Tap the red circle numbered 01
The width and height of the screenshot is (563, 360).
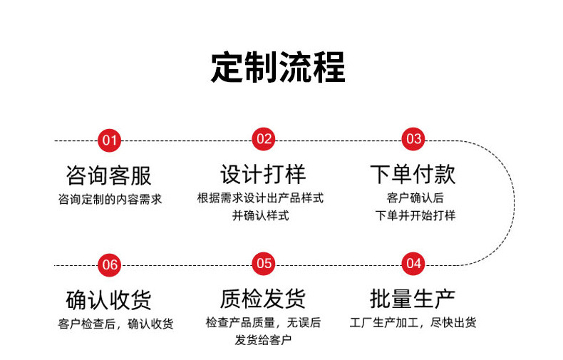pos(109,140)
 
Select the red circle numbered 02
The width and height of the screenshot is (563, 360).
pos(264,138)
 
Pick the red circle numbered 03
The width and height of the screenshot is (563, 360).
pos(413,138)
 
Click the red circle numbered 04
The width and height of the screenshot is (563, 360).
pos(413,263)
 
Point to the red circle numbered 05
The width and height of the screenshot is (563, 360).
pos(264,263)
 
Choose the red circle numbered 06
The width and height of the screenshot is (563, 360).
pos(109,264)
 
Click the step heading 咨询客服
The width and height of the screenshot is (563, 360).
pos(108,175)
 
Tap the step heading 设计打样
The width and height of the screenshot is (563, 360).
pos(263,174)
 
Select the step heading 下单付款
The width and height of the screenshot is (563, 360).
pos(413,174)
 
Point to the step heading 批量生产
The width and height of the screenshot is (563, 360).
pos(413,298)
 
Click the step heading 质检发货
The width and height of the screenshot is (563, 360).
pos(263,298)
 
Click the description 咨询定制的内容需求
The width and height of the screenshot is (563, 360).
pos(110,199)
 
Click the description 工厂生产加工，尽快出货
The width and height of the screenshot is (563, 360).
pos(413,322)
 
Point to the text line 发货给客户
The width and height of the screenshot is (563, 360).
pos(263,340)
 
